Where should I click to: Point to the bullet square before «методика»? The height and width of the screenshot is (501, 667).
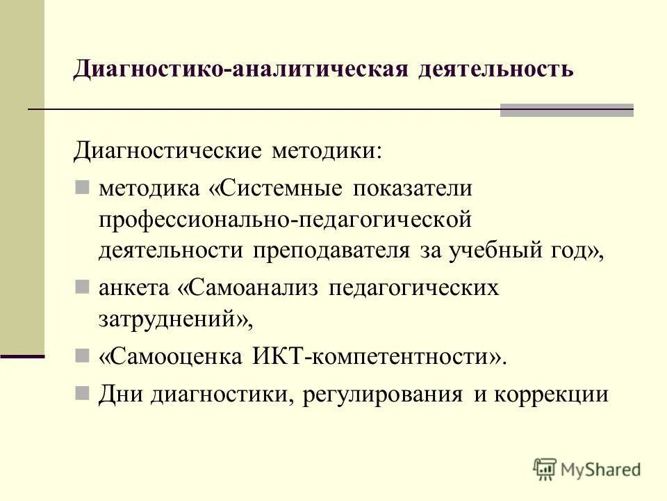[83, 187]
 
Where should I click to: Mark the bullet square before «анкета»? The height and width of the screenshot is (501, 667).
[83, 286]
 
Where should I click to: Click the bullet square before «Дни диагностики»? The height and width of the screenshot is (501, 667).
[83, 393]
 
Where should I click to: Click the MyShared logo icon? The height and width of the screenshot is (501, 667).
[545, 469]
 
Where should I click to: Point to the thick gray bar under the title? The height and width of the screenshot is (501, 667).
[566, 110]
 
